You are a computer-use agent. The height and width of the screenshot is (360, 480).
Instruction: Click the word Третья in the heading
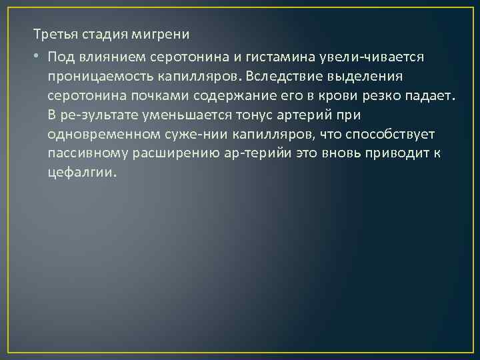click(x=53, y=33)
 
